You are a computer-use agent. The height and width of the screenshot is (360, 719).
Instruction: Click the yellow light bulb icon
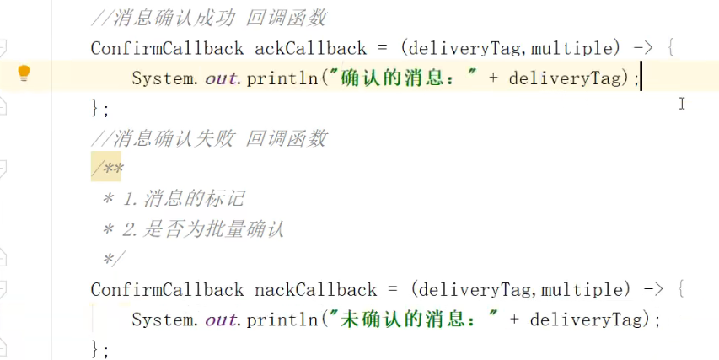[x=24, y=73]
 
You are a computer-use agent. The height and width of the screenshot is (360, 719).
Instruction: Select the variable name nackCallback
[x=315, y=290]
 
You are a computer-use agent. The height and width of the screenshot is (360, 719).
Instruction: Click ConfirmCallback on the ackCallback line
[x=167, y=48]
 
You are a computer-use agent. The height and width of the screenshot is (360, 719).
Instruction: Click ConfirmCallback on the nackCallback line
[x=167, y=290]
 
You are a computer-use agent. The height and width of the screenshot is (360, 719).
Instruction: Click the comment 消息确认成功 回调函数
[x=209, y=18]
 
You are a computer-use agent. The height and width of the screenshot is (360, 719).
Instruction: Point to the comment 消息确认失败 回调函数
[x=209, y=138]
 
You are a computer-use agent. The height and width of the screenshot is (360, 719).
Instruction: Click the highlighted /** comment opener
[x=107, y=169]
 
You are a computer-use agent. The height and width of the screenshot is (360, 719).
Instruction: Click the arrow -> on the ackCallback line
[x=642, y=48]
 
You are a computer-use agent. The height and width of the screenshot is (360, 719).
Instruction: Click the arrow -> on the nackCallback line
[x=652, y=290]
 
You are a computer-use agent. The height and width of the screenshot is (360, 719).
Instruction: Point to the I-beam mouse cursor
[x=682, y=104]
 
